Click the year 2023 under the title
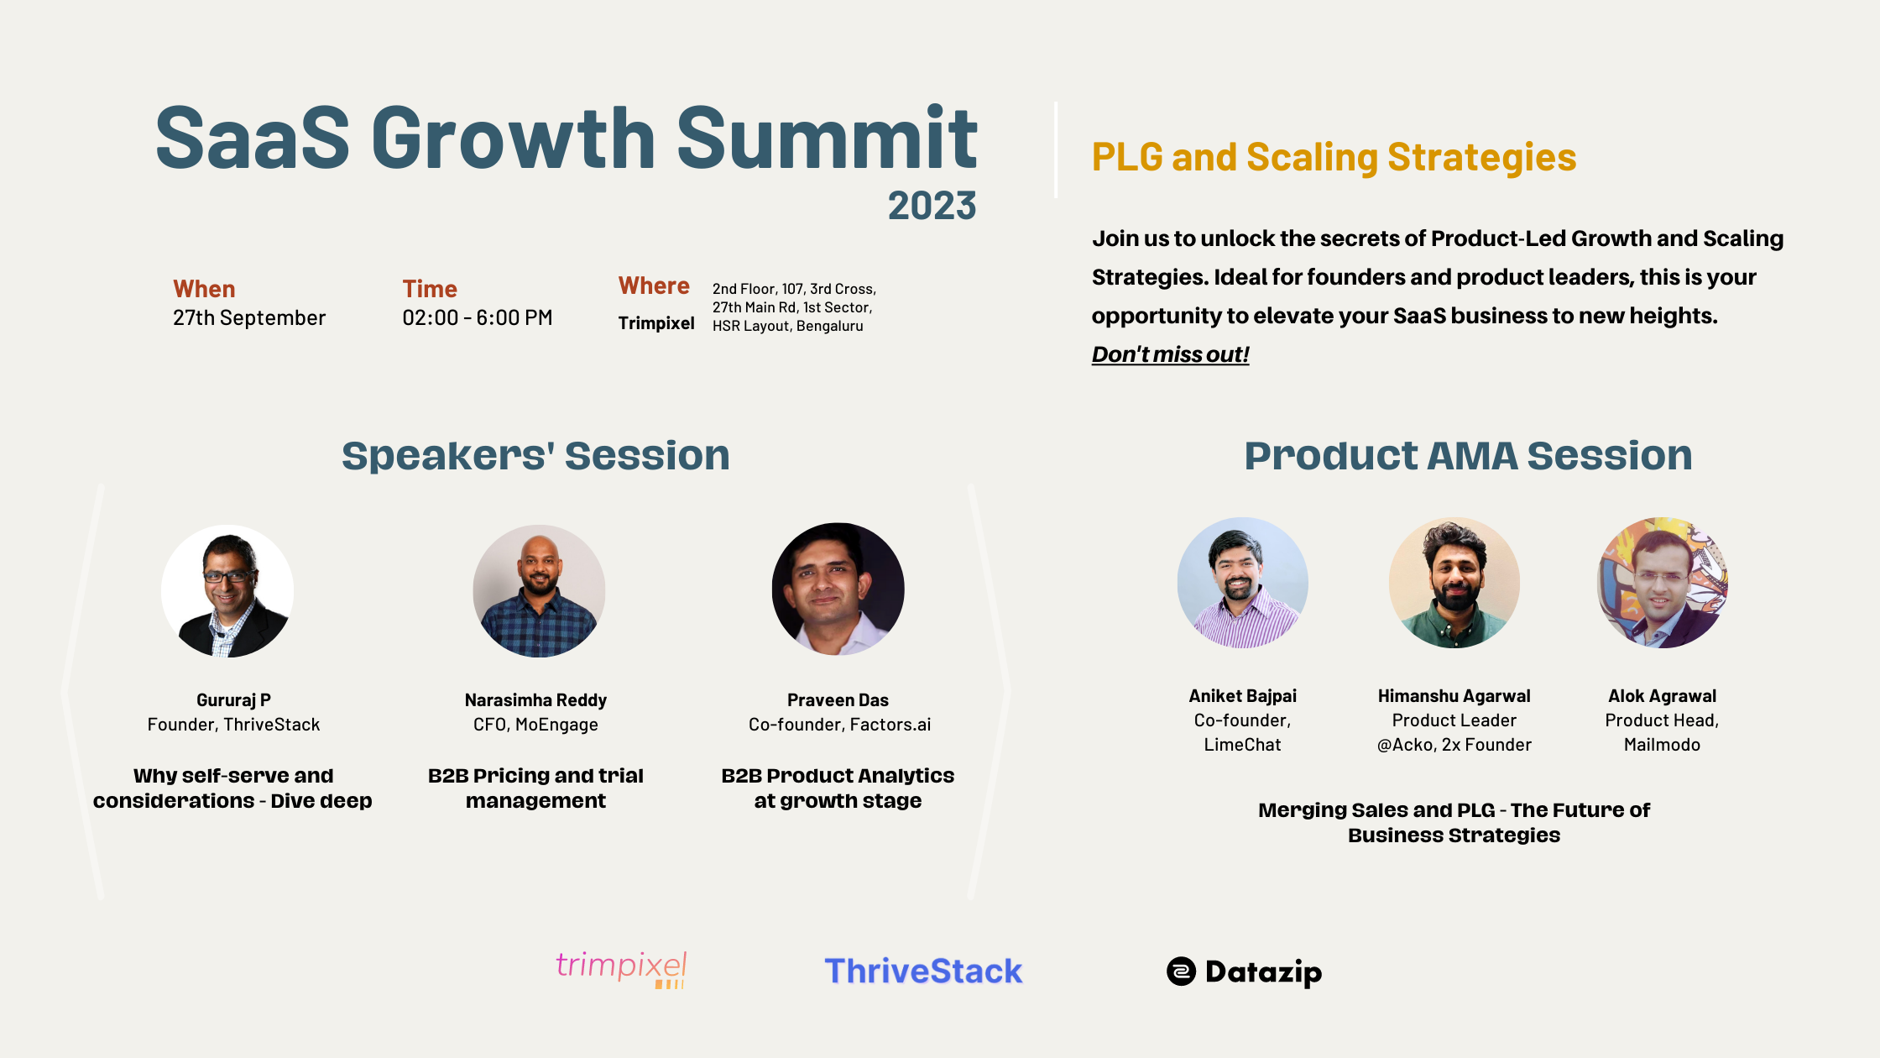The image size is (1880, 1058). (x=932, y=206)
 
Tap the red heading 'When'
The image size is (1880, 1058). (x=204, y=289)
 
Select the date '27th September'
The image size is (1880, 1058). (x=249, y=318)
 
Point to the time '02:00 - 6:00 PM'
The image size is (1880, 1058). (x=478, y=318)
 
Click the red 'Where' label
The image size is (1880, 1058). (x=654, y=286)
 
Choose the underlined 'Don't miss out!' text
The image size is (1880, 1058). (x=1170, y=354)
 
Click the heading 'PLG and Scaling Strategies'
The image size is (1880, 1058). (x=1334, y=158)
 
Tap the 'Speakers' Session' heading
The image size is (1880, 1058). (x=535, y=456)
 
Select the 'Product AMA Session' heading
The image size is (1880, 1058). (x=1468, y=456)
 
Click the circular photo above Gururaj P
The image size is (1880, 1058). (x=227, y=591)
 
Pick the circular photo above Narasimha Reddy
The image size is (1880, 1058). (x=539, y=591)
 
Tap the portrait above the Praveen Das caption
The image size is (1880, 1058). (x=838, y=589)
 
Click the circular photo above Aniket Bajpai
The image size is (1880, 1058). (x=1243, y=583)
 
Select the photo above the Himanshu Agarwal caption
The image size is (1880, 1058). (x=1454, y=583)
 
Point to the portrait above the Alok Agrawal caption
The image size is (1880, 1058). (x=1663, y=583)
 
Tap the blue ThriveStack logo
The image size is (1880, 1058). (x=923, y=972)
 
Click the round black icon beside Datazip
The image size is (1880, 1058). (x=1181, y=972)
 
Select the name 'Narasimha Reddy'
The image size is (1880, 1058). (x=535, y=700)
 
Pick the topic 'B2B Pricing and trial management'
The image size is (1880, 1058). (x=535, y=788)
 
